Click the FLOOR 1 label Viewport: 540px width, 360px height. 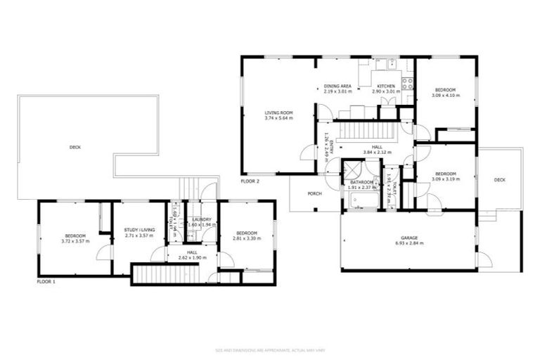(46, 281)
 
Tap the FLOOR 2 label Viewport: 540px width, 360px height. (250, 181)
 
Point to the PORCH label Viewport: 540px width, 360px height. (314, 193)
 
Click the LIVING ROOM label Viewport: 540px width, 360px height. (278, 112)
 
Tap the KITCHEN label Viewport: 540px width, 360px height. (386, 86)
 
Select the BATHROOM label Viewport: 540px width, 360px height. (362, 182)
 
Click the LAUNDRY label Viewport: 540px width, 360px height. (202, 219)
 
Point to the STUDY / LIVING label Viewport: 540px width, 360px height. (139, 230)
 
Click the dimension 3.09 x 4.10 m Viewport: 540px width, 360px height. (445, 95)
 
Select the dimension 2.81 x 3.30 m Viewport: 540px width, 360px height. (247, 238)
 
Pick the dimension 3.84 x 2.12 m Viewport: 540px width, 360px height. (377, 153)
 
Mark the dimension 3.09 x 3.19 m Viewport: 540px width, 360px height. (445, 179)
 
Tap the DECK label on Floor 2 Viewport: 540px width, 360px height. (499, 180)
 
